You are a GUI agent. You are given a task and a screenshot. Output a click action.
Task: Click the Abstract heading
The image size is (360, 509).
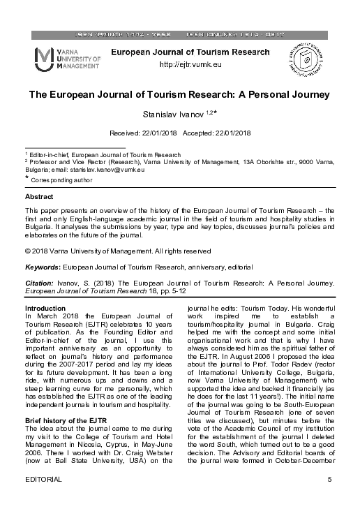tap(38, 198)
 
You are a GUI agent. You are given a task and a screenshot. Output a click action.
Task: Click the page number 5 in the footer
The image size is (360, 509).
tap(329, 499)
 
